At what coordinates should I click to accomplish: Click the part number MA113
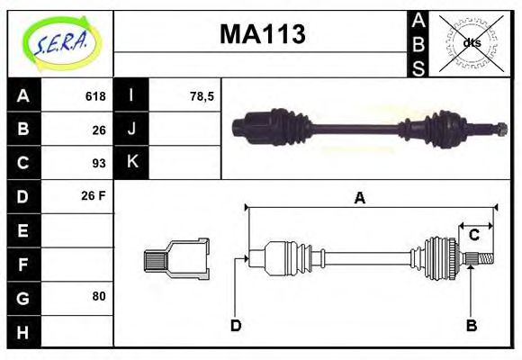[x=262, y=34]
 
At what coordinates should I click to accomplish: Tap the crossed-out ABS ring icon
[x=472, y=42]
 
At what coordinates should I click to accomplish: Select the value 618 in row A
[x=95, y=96]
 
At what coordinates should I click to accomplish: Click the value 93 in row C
[x=99, y=163]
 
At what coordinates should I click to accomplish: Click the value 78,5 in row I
[x=202, y=96]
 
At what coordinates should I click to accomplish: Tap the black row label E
[x=23, y=230]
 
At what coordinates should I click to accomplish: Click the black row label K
[x=131, y=163]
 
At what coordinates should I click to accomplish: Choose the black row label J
[x=131, y=130]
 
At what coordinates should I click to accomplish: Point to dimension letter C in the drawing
[x=473, y=236]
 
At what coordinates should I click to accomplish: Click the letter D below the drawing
[x=236, y=325]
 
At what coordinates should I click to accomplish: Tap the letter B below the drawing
[x=471, y=325]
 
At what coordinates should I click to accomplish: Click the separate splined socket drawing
[x=176, y=258]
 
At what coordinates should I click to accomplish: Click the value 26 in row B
[x=99, y=130]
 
